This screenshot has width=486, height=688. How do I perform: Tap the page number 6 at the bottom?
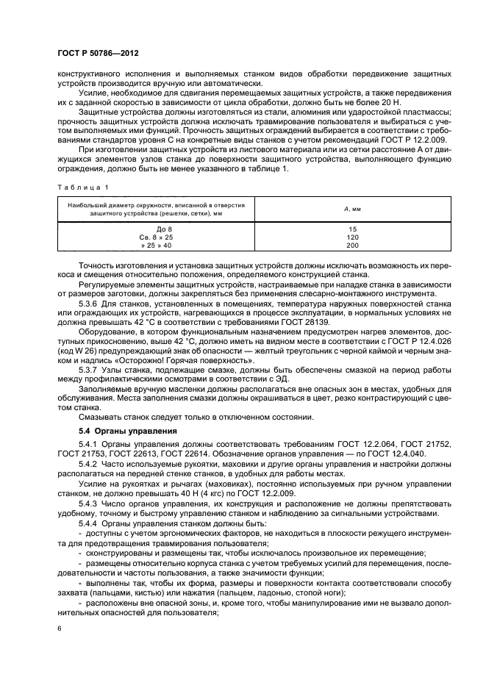60,628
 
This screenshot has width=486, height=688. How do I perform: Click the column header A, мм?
352,209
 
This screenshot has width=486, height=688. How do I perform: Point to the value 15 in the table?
352,229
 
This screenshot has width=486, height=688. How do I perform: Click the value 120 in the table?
352,237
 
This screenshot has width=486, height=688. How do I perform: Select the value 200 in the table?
352,246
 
